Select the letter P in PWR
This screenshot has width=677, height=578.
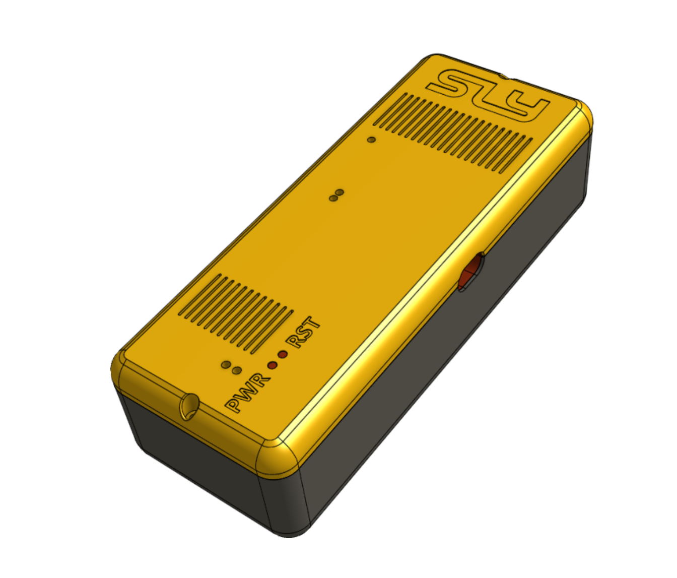pyautogui.click(x=235, y=405)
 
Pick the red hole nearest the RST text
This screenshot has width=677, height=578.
pyautogui.click(x=283, y=355)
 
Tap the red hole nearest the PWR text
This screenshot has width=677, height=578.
pyautogui.click(x=272, y=364)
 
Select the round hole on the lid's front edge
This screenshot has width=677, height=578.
pyautogui.click(x=189, y=406)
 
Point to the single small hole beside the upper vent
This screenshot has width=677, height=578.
pyautogui.click(x=372, y=140)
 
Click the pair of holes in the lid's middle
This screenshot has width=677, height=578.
pyautogui.click(x=336, y=195)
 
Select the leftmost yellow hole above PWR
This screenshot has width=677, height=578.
pyautogui.click(x=226, y=364)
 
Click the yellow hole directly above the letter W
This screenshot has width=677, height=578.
pyautogui.click(x=237, y=371)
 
